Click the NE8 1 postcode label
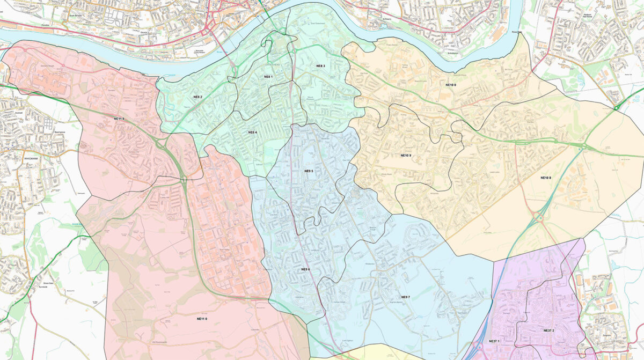coord(268,77)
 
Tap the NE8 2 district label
coord(197,97)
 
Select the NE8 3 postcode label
coord(320,66)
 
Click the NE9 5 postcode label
coord(309,171)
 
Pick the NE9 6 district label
coord(305,269)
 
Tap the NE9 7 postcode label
coord(405,297)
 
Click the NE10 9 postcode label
coord(406,155)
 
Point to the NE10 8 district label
coord(545,178)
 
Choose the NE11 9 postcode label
coord(119,119)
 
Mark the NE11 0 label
coord(201,319)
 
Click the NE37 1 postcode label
coord(494,341)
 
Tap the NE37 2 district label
coord(548,330)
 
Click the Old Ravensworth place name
coord(145,342)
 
